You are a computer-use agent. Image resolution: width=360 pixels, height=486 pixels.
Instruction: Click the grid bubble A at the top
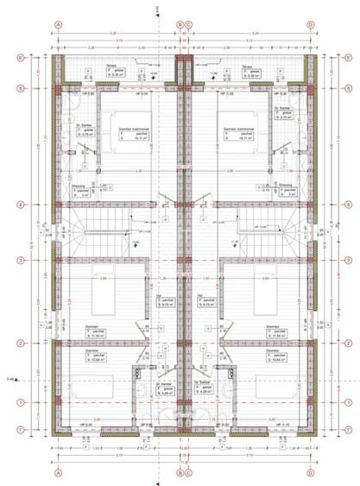click(58, 24)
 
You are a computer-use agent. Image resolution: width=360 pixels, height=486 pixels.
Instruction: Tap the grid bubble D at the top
click(310, 24)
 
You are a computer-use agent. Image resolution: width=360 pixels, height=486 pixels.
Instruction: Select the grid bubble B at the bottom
click(179, 473)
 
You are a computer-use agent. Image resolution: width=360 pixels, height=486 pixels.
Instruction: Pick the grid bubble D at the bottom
click(310, 473)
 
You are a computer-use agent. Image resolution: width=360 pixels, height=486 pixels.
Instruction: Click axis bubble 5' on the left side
click(19, 58)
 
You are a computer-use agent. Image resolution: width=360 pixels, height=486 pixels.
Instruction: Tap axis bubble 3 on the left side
click(19, 259)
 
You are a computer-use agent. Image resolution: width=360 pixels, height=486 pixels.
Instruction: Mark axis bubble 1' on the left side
click(19, 430)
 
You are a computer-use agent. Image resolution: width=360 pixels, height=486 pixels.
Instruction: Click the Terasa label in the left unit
click(111, 66)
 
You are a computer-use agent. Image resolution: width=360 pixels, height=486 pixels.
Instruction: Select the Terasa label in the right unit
click(247, 66)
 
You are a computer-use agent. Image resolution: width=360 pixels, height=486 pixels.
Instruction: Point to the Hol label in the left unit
click(160, 295)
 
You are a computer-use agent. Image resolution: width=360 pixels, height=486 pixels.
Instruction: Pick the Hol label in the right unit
click(201, 295)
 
